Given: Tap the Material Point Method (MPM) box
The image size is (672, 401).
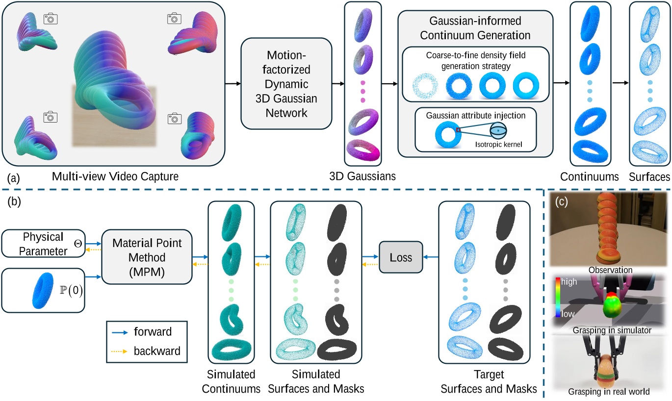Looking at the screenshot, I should pyautogui.click(x=146, y=257).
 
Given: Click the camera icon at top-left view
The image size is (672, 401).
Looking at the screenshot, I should pyautogui.click(x=51, y=19).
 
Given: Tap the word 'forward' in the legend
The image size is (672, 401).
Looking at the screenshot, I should pyautogui.click(x=152, y=332).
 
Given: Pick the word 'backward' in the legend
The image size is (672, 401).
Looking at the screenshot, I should pyautogui.click(x=156, y=351).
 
